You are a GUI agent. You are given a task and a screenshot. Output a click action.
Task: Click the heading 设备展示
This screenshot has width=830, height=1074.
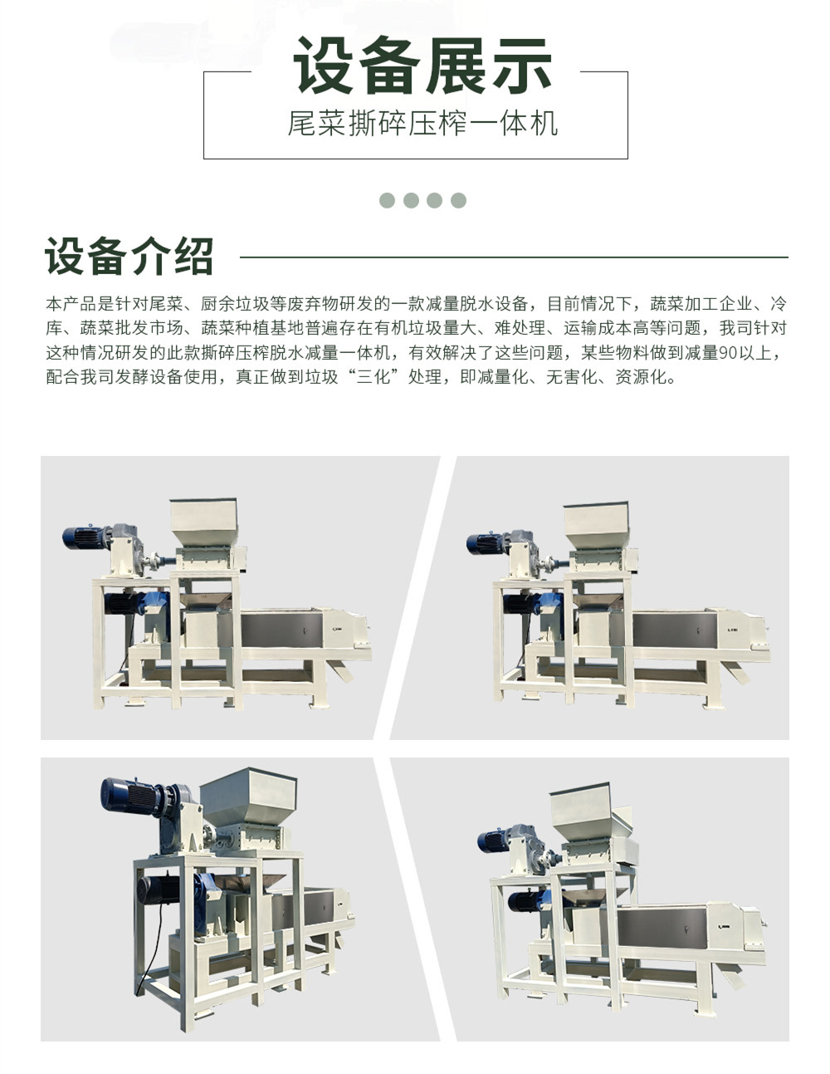coord(422,66)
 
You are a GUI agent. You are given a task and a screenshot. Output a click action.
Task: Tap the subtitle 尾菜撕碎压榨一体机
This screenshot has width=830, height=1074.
coord(422,123)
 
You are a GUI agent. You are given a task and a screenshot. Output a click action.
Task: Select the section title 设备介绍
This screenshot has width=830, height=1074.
coord(129,256)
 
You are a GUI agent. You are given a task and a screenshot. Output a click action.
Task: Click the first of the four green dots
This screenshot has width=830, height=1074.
coord(387,200)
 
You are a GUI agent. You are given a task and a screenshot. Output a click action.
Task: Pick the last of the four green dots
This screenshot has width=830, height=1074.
coord(459,200)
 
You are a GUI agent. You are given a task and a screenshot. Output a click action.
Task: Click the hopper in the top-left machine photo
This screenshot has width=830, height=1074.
coord(204,522)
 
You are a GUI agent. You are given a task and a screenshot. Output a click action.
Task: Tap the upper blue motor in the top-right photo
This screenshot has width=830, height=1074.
coord(485,544)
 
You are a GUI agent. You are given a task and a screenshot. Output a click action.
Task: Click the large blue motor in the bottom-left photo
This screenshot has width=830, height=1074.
coord(129,797)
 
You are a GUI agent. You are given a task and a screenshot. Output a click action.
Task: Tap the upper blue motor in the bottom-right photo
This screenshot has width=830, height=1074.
coord(494,841)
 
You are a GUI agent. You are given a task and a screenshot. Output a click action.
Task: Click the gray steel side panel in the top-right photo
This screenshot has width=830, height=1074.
coord(675,631)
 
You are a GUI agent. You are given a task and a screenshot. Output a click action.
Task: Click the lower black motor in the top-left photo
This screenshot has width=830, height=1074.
coord(120,604)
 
